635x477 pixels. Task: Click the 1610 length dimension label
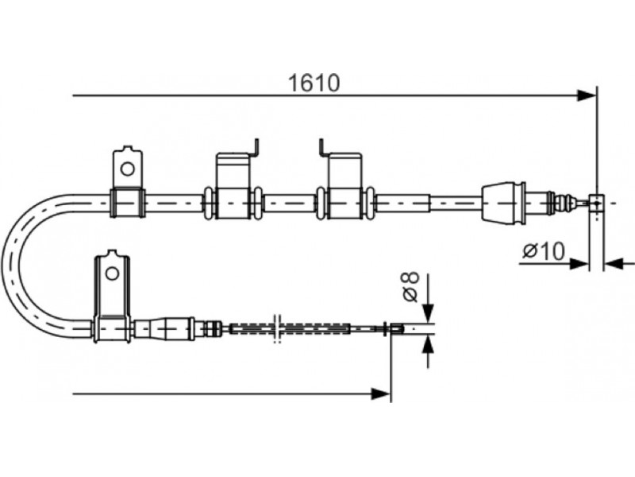[314, 83]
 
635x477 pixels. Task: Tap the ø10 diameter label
[543, 251]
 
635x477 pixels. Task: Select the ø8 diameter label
[410, 287]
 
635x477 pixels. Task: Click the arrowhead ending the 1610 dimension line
[587, 96]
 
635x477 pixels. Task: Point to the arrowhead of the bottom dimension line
[382, 393]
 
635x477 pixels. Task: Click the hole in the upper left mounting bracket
[128, 169]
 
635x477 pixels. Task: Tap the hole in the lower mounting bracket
[112, 273]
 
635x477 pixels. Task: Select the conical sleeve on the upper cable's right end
[503, 203]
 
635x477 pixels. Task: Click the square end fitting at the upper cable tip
[596, 203]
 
